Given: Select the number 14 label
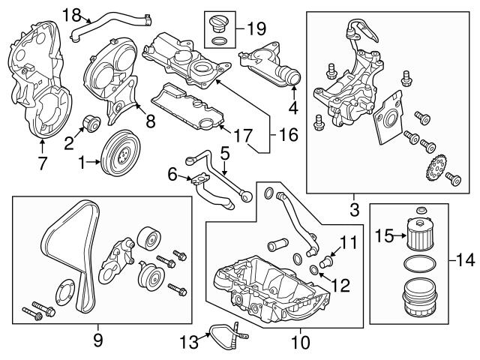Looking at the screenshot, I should point(466,260).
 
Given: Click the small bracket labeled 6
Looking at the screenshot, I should point(197,179).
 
